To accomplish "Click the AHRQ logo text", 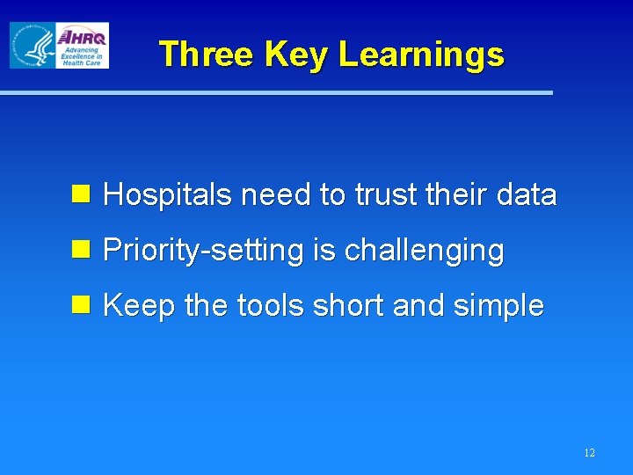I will coord(82,37).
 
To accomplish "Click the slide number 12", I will coord(588,453).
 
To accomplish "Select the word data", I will coord(525,195).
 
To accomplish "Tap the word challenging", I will coord(424,252).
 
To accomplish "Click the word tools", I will coord(272,307).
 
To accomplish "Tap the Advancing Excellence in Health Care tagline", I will coord(81,56).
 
